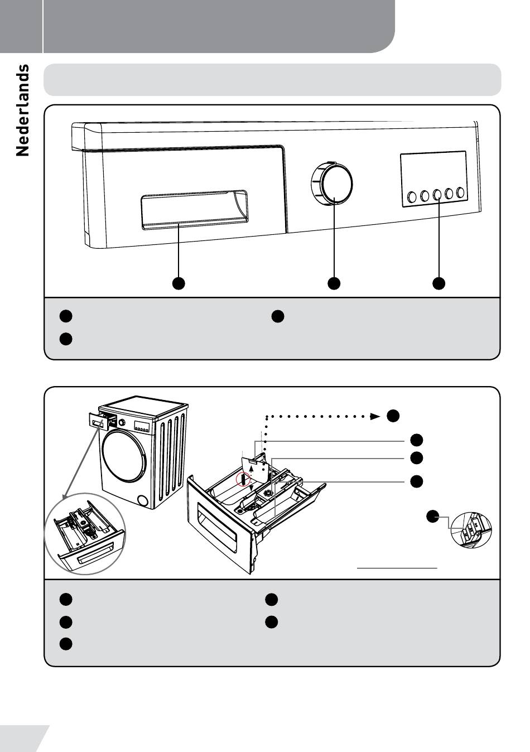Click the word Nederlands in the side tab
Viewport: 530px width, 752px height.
click(x=22, y=110)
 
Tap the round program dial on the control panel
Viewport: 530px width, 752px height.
click(x=333, y=184)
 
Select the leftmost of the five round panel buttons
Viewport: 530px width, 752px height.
click(x=412, y=196)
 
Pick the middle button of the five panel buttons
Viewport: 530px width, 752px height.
click(x=436, y=195)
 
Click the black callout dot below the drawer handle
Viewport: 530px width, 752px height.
click(x=178, y=283)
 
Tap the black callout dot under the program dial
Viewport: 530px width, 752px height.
click(x=334, y=283)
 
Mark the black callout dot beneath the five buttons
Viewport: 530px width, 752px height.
click(x=439, y=283)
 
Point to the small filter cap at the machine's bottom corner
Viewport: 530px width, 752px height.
click(x=142, y=500)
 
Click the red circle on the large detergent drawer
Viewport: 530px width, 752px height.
click(x=243, y=479)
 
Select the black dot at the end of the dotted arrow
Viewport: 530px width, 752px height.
click(x=393, y=416)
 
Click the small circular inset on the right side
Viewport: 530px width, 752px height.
click(x=472, y=529)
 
